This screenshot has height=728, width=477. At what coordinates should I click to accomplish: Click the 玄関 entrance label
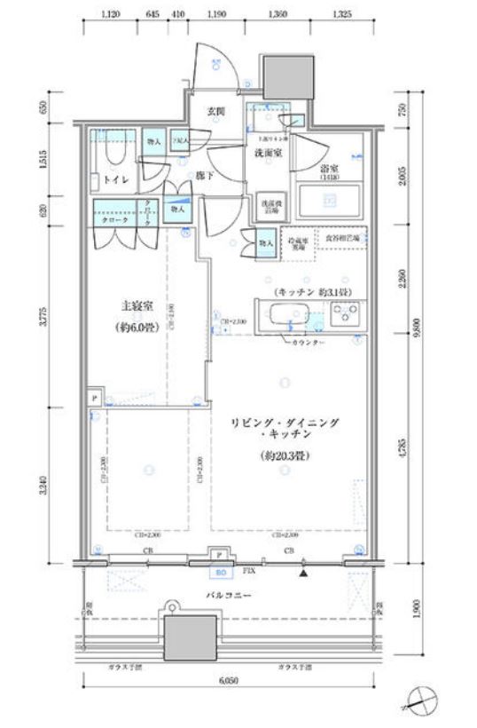215,112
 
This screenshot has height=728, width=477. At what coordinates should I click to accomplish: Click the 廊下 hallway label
205,177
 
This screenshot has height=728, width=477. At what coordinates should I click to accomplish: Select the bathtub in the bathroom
329,203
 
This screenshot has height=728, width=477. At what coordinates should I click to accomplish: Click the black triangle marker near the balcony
304,574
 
